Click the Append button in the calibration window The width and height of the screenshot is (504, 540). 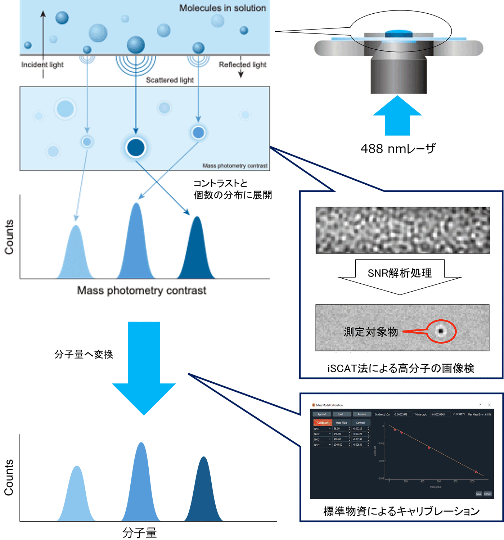pos(322,414)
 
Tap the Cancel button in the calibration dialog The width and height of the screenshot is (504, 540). pos(487,494)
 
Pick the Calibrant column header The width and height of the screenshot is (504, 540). pos(323,423)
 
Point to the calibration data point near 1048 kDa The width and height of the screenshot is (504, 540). pos(476,472)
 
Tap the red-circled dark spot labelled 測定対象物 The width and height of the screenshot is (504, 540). pos(441,331)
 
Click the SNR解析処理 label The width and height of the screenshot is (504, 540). pos(400,273)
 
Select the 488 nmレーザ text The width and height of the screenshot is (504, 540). pos(398,149)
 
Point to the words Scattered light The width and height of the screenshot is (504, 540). pos(170,80)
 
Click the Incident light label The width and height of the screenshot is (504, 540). pos(42,65)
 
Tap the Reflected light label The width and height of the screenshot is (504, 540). pos(242,65)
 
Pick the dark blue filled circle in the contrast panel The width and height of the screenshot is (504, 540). pos(136,148)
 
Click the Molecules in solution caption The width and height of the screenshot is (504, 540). pos(222,8)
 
